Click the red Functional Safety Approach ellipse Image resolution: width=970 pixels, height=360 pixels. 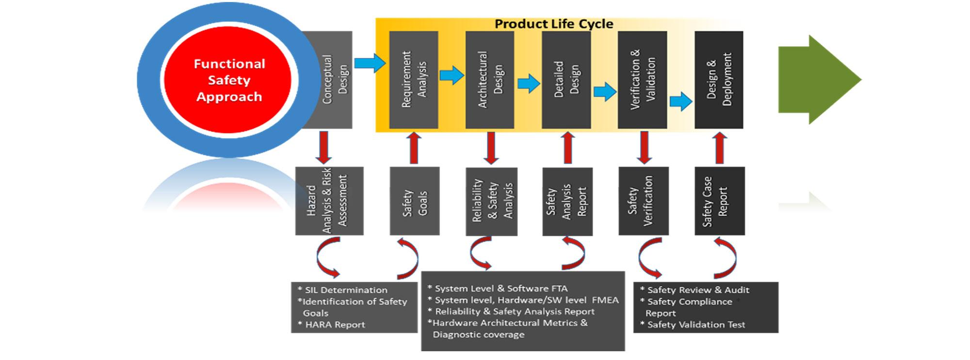click(x=227, y=80)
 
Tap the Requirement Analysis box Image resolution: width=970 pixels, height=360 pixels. click(x=414, y=80)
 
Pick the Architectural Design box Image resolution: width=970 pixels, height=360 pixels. click(x=490, y=80)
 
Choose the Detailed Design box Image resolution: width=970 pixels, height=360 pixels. click(x=566, y=80)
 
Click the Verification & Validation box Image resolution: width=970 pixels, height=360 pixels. click(x=643, y=80)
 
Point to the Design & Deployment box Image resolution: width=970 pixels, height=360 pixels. click(x=719, y=80)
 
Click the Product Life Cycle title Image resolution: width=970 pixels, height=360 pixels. click(x=554, y=24)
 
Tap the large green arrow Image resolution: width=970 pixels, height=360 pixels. click(x=820, y=80)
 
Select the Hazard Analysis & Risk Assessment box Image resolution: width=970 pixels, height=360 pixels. click(x=329, y=201)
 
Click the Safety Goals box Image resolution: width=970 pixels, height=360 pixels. click(x=415, y=201)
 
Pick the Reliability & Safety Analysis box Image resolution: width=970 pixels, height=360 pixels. click(x=491, y=201)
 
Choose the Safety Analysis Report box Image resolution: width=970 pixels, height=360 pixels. click(x=567, y=201)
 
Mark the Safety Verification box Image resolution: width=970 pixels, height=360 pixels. click(x=644, y=201)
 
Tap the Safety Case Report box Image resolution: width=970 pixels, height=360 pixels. click(x=720, y=201)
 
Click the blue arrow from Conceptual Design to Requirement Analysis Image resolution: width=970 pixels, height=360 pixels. click(x=370, y=63)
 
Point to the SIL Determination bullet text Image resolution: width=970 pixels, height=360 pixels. click(x=342, y=290)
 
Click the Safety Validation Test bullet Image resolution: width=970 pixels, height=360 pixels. click(x=693, y=325)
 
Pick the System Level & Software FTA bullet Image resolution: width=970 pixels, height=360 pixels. click(x=498, y=288)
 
